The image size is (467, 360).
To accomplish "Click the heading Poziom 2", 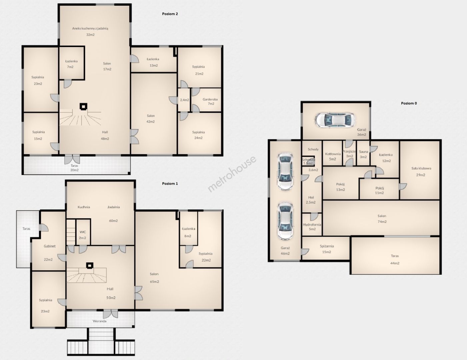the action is [170, 14].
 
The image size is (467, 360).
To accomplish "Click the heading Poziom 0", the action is [409, 103].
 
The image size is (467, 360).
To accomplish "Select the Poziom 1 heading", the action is [170, 184].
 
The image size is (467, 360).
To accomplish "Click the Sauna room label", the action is [363, 152].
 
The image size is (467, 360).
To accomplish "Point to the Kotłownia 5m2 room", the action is [332, 153].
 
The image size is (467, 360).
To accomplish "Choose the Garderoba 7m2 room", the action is [206, 100].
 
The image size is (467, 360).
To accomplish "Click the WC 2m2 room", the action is [83, 232].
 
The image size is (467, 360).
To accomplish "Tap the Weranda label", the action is [100, 321].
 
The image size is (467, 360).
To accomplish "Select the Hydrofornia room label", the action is [312, 225].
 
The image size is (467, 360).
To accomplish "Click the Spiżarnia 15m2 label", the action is [327, 249].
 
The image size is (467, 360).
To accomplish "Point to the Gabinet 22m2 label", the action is [49, 253].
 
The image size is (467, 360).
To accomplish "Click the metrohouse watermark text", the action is [232, 174].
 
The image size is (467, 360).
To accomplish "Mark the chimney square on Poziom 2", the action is [83, 106].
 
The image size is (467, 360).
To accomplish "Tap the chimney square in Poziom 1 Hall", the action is [90, 265].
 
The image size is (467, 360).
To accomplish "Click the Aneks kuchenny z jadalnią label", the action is [90, 28].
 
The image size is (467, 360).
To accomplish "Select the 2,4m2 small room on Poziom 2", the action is [184, 100].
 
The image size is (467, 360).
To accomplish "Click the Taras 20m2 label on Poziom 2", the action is [74, 168].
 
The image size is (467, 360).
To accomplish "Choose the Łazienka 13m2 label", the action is [153, 62].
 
